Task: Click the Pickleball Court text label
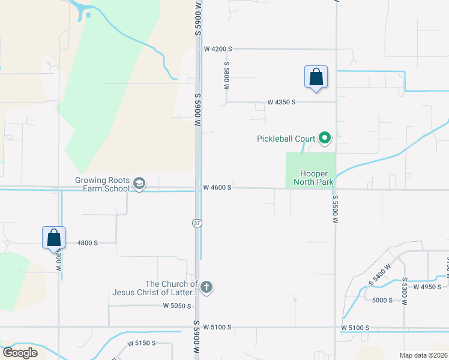[x=286, y=139]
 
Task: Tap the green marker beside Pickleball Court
[x=325, y=139]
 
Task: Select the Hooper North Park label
[x=310, y=178]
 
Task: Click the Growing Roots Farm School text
[x=102, y=184]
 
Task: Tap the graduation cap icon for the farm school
[x=139, y=184]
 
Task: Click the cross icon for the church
[x=206, y=288]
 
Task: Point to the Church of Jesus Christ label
[x=155, y=288]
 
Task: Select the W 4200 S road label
[x=217, y=49]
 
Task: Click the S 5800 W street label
[x=227, y=75]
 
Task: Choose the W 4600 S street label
[x=217, y=188]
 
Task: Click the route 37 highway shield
[x=197, y=223]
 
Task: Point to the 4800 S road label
[x=88, y=243]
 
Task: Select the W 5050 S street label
[x=177, y=305]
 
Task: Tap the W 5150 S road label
[x=142, y=343]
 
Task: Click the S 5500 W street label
[x=334, y=208]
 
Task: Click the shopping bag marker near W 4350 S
[x=316, y=77]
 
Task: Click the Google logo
[x=20, y=353]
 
